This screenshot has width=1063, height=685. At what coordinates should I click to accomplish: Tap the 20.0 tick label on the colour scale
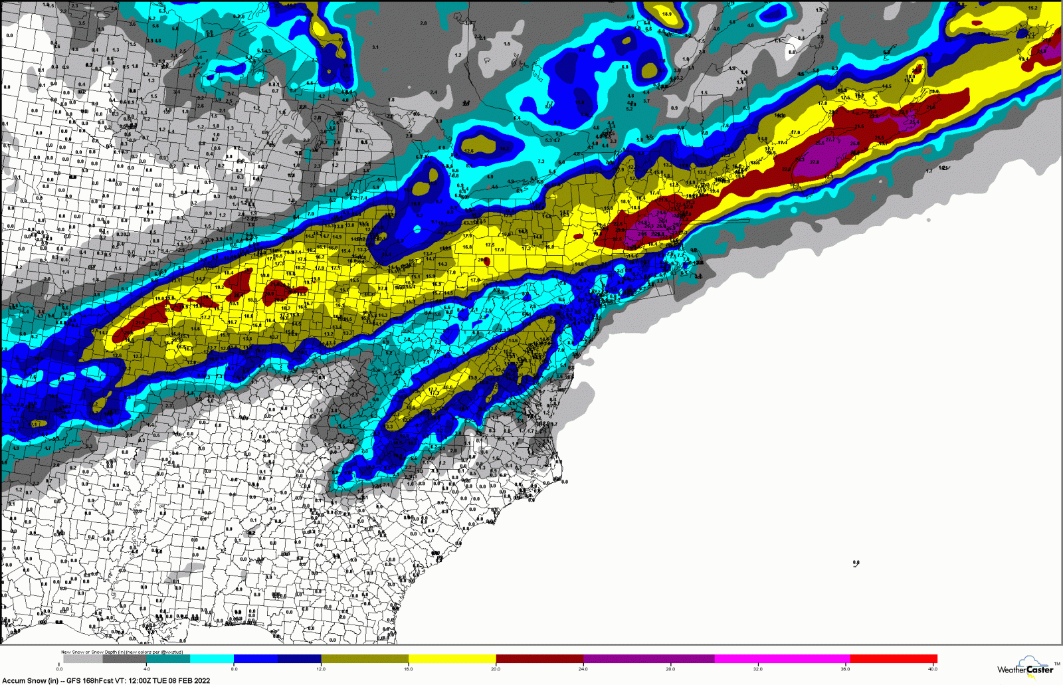click(496, 669)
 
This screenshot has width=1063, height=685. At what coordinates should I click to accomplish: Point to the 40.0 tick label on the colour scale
click(933, 669)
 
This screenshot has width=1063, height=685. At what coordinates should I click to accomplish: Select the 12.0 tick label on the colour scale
click(321, 669)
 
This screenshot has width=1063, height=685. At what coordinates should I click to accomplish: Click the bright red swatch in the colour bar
click(893, 659)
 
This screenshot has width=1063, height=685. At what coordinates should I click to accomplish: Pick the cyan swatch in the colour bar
click(211, 659)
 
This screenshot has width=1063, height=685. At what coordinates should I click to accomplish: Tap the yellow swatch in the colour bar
click(452, 659)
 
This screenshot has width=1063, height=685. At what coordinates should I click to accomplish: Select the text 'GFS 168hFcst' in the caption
click(90, 680)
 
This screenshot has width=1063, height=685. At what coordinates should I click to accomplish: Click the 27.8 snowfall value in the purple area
click(815, 162)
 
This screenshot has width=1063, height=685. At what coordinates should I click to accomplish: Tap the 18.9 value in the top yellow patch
click(667, 14)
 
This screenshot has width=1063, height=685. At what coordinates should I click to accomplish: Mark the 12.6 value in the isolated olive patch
click(469, 151)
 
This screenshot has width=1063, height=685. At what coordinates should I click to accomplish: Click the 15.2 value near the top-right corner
click(1032, 9)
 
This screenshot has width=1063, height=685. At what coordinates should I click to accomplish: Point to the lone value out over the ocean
click(856, 563)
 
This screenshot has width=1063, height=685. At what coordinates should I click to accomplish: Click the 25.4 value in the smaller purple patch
click(915, 122)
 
